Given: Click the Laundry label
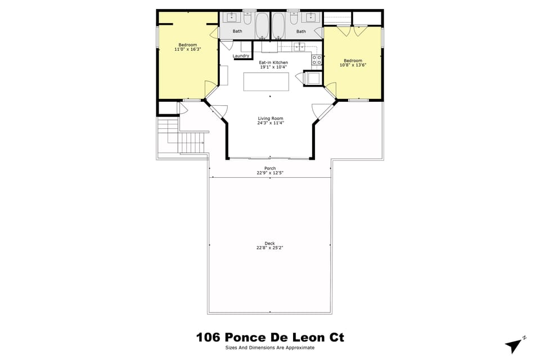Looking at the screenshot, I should click(241, 56).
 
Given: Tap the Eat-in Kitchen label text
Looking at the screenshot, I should click(273, 62).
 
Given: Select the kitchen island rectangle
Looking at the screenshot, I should click(267, 82).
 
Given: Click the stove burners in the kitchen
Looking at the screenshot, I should click(317, 59).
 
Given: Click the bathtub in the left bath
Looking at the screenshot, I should click(262, 25).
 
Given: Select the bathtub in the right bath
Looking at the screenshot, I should click(278, 25).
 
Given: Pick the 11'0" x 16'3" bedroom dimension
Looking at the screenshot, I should click(188, 49).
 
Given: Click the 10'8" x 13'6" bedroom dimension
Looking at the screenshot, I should click(353, 65).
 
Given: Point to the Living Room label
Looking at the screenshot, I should click(271, 118).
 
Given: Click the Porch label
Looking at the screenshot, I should click(270, 168).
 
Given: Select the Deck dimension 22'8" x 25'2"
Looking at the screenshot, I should click(270, 247).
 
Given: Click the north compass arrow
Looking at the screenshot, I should click(514, 344).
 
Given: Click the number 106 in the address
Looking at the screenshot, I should click(208, 337).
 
